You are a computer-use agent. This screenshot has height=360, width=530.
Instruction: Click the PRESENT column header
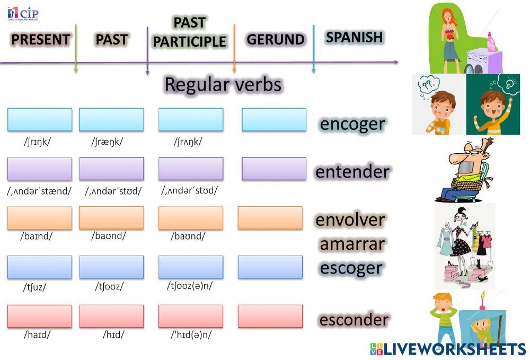point(40,40)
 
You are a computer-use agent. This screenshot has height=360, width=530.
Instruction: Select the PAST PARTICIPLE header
point(190,32)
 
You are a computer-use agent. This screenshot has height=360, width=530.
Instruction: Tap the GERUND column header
point(275,40)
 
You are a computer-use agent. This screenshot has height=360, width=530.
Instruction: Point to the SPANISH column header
point(354,37)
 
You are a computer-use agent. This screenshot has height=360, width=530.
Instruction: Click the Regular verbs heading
point(223,84)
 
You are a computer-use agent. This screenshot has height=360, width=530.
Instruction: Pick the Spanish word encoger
point(352,124)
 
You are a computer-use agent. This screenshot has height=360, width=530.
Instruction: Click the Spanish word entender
point(352,172)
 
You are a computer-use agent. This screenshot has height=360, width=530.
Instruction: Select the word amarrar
point(352,244)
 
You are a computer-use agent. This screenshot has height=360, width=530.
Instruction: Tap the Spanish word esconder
point(354,320)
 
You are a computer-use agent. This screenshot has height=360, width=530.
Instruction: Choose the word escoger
point(351,268)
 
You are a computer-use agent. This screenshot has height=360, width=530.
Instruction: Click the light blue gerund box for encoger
point(274,120)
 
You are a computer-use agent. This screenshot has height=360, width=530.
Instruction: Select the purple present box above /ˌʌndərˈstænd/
point(40,169)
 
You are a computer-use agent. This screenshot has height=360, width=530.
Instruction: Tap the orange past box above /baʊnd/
point(111,218)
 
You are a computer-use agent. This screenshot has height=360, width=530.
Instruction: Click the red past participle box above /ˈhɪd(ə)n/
point(191,316)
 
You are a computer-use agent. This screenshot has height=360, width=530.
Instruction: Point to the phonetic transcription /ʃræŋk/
point(107,142)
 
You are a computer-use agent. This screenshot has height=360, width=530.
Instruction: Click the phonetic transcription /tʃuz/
point(34,287)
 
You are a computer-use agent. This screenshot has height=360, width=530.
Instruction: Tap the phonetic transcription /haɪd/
point(37,335)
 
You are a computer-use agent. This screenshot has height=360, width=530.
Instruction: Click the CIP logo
point(23,13)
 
